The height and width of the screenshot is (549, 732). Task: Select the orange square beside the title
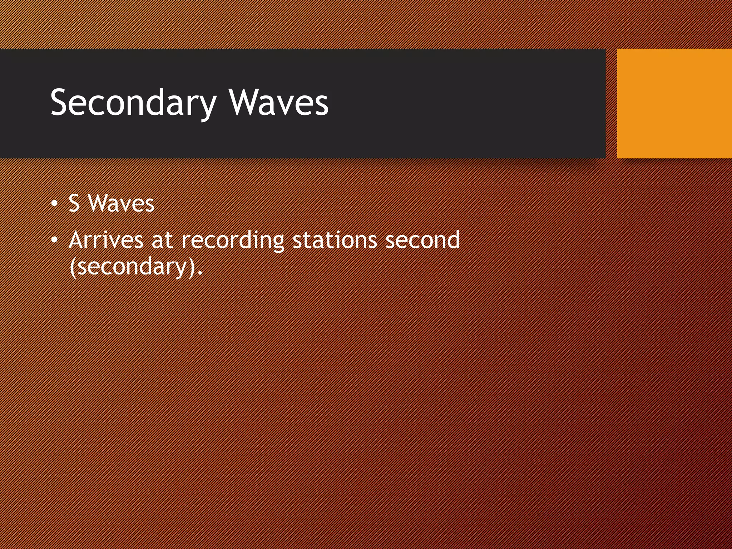(x=674, y=103)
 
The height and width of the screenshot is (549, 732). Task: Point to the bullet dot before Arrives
(x=54, y=241)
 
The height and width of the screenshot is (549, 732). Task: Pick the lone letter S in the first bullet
(x=74, y=203)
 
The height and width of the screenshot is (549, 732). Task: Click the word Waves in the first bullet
(x=121, y=203)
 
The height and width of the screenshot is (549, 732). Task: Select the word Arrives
(x=106, y=240)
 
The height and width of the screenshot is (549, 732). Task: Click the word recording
(x=233, y=241)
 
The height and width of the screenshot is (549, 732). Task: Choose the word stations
(x=335, y=240)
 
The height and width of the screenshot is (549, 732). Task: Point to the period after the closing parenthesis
(x=200, y=273)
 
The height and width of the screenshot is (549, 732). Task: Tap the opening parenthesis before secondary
(x=73, y=267)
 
